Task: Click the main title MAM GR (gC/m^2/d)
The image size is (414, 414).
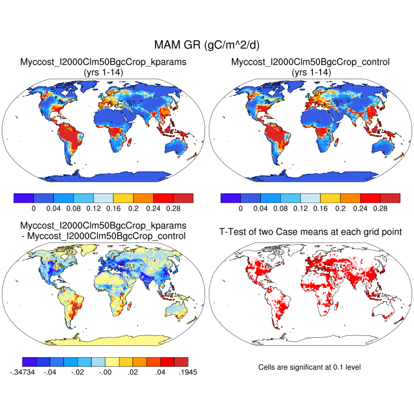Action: (x=207, y=45)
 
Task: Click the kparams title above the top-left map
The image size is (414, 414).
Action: (x=103, y=62)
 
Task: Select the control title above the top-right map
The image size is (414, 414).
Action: (x=310, y=62)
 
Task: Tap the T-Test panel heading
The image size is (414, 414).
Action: (x=310, y=231)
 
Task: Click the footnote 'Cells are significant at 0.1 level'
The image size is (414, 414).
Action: (x=310, y=367)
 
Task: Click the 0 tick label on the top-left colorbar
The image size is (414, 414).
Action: (x=34, y=209)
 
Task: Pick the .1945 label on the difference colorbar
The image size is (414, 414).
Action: (x=186, y=372)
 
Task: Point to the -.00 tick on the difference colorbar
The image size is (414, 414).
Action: (x=105, y=372)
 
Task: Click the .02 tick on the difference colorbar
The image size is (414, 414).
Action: (x=133, y=372)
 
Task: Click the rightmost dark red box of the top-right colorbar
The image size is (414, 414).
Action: (x=390, y=198)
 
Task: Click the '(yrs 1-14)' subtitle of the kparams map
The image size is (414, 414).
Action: (x=103, y=72)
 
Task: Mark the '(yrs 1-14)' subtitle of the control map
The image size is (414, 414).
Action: (x=310, y=72)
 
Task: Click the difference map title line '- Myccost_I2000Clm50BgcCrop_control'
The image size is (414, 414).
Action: (x=103, y=236)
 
